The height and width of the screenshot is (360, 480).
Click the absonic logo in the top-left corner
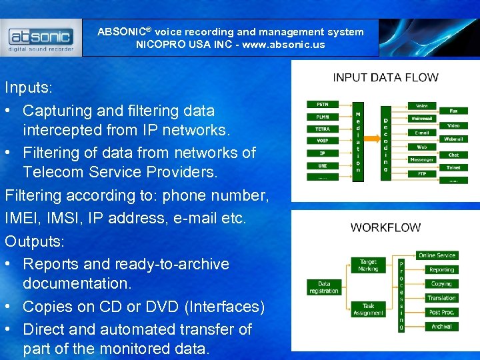(41, 38)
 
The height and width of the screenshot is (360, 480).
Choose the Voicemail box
(421, 119)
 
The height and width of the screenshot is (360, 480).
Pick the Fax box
(453, 111)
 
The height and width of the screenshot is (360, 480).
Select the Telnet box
(453, 167)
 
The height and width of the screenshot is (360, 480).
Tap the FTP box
(421, 173)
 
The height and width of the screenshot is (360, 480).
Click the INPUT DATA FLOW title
(385, 77)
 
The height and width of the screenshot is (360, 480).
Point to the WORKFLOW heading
(385, 227)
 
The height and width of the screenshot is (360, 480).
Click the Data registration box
(323, 287)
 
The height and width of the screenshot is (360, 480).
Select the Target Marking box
(368, 265)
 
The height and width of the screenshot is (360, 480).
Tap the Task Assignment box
(368, 309)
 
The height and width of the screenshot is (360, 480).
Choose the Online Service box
(437, 255)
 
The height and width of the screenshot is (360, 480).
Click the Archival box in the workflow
(441, 327)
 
